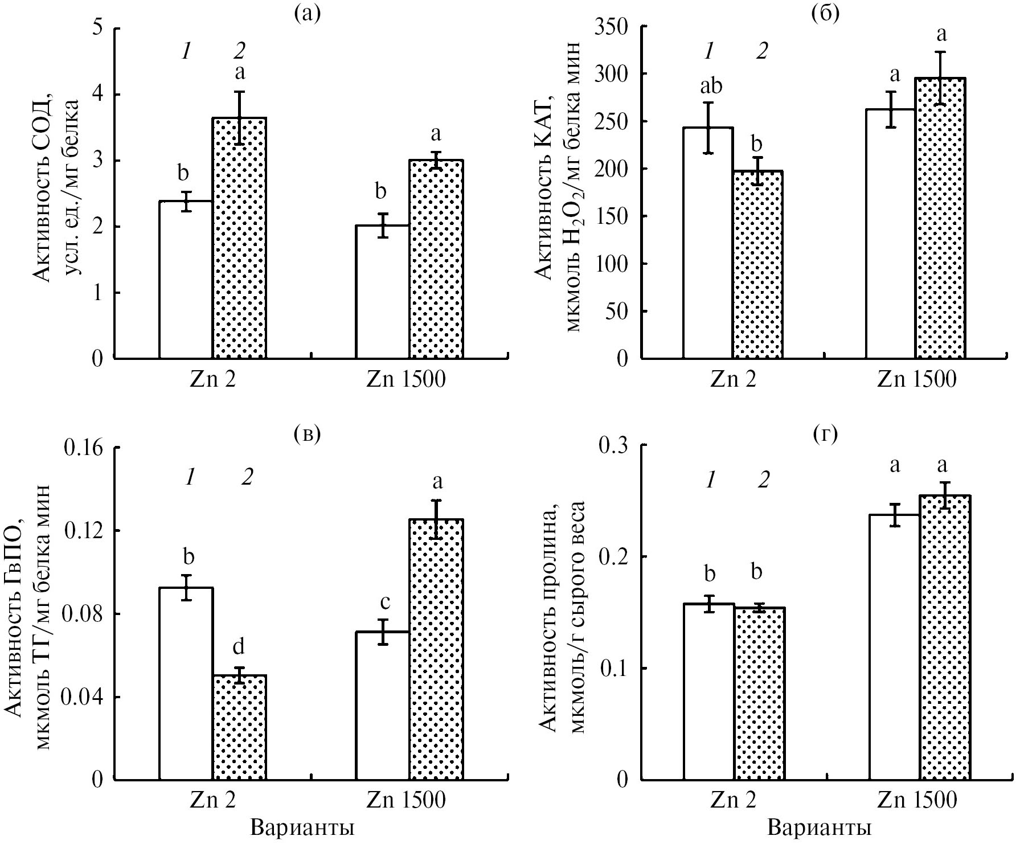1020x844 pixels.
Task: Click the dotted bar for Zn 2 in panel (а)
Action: pos(239,239)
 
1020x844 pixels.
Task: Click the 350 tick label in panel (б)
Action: pos(613,27)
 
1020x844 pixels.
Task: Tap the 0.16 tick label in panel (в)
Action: pos(84,448)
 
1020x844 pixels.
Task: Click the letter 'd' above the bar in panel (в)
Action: pos(239,646)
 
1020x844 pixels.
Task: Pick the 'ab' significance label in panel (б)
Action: pos(708,87)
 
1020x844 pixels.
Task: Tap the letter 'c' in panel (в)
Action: pos(385,601)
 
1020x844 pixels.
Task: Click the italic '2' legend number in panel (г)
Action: pos(763,481)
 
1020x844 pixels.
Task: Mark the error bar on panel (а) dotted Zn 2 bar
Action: pos(240,118)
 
